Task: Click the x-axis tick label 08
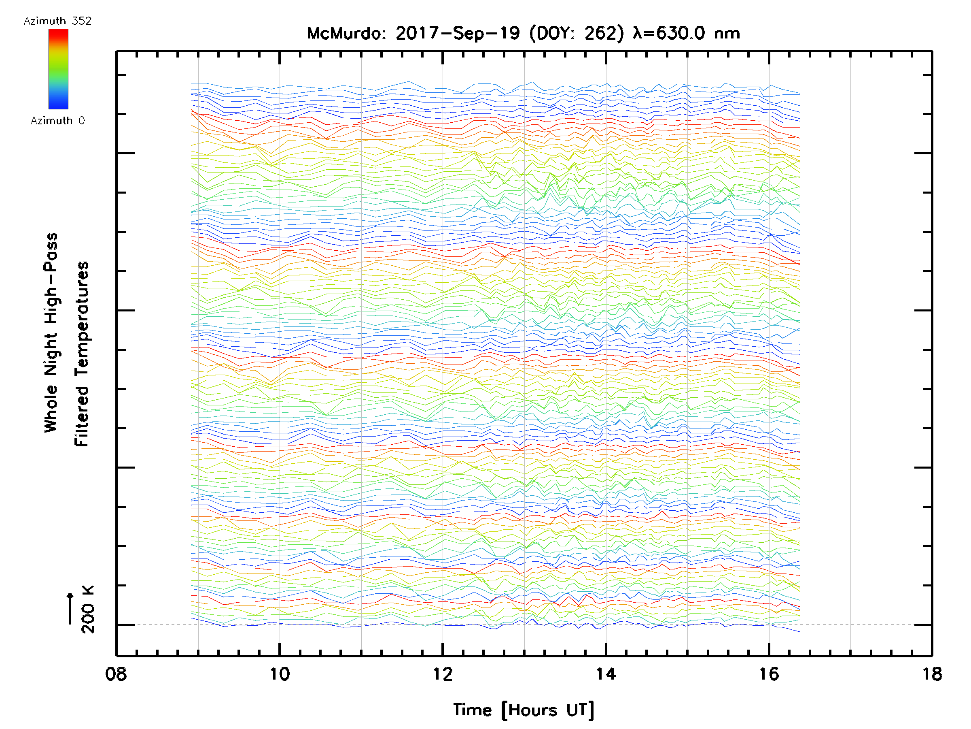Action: point(116,674)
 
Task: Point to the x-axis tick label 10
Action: point(280,674)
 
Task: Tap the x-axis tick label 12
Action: point(443,674)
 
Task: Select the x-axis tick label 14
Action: point(606,674)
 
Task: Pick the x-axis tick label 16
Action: point(769,674)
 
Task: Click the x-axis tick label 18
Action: point(931,674)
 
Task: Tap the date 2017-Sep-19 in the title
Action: point(458,33)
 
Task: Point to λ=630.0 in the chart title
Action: point(669,33)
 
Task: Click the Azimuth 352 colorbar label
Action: point(57,21)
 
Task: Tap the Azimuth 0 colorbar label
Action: point(57,120)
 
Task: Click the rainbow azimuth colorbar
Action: point(58,69)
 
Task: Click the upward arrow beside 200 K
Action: point(70,608)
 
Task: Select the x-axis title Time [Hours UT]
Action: point(524,710)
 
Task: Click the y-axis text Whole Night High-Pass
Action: point(51,332)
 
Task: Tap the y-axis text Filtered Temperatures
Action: point(82,354)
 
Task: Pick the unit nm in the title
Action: point(727,33)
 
